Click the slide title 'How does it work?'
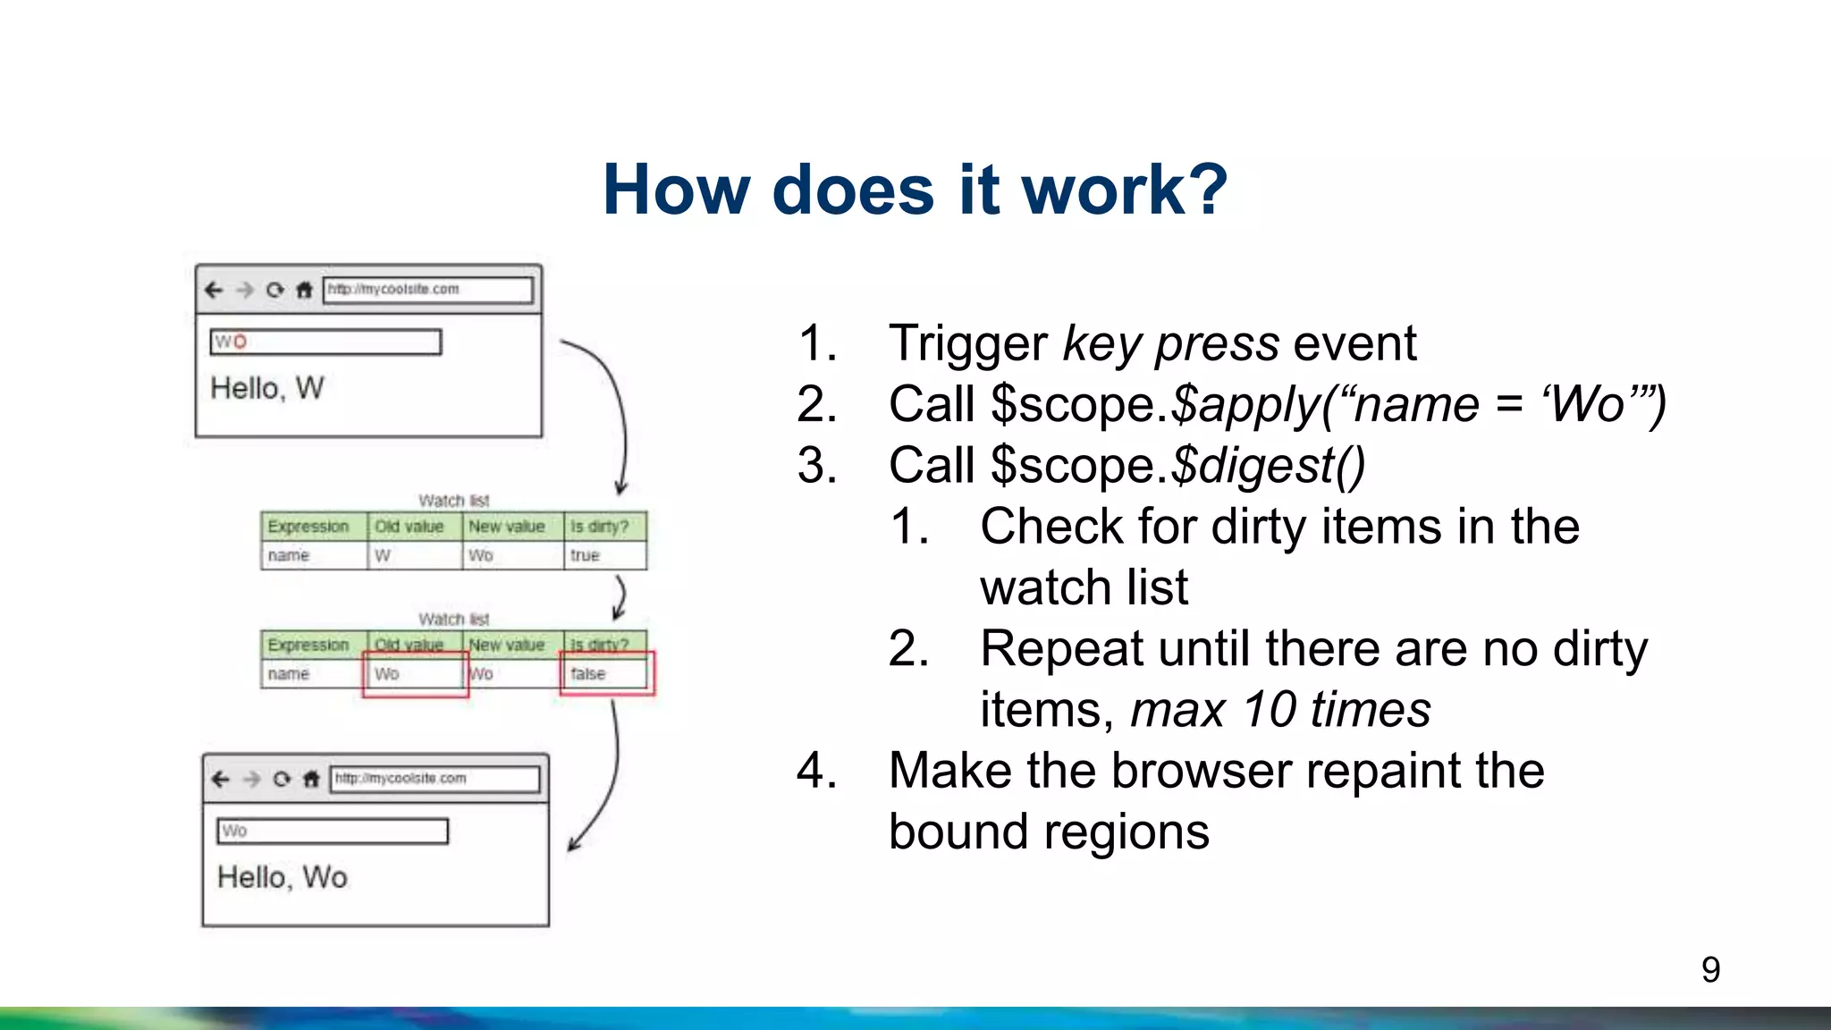(915, 190)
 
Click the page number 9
(1709, 970)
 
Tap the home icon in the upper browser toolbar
(304, 290)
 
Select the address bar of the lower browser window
(435, 779)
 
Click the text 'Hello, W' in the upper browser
(266, 388)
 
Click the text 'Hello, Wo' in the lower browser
(282, 877)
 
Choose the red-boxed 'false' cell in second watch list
(605, 673)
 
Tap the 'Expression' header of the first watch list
(308, 527)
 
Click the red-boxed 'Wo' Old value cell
(414, 673)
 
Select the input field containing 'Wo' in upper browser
(325, 342)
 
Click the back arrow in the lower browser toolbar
(220, 779)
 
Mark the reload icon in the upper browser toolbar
(274, 290)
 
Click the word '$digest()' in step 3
(1268, 466)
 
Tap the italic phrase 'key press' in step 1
(1171, 344)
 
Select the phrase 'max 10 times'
(1280, 710)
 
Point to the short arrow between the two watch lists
(620, 597)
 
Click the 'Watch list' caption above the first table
(453, 501)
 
